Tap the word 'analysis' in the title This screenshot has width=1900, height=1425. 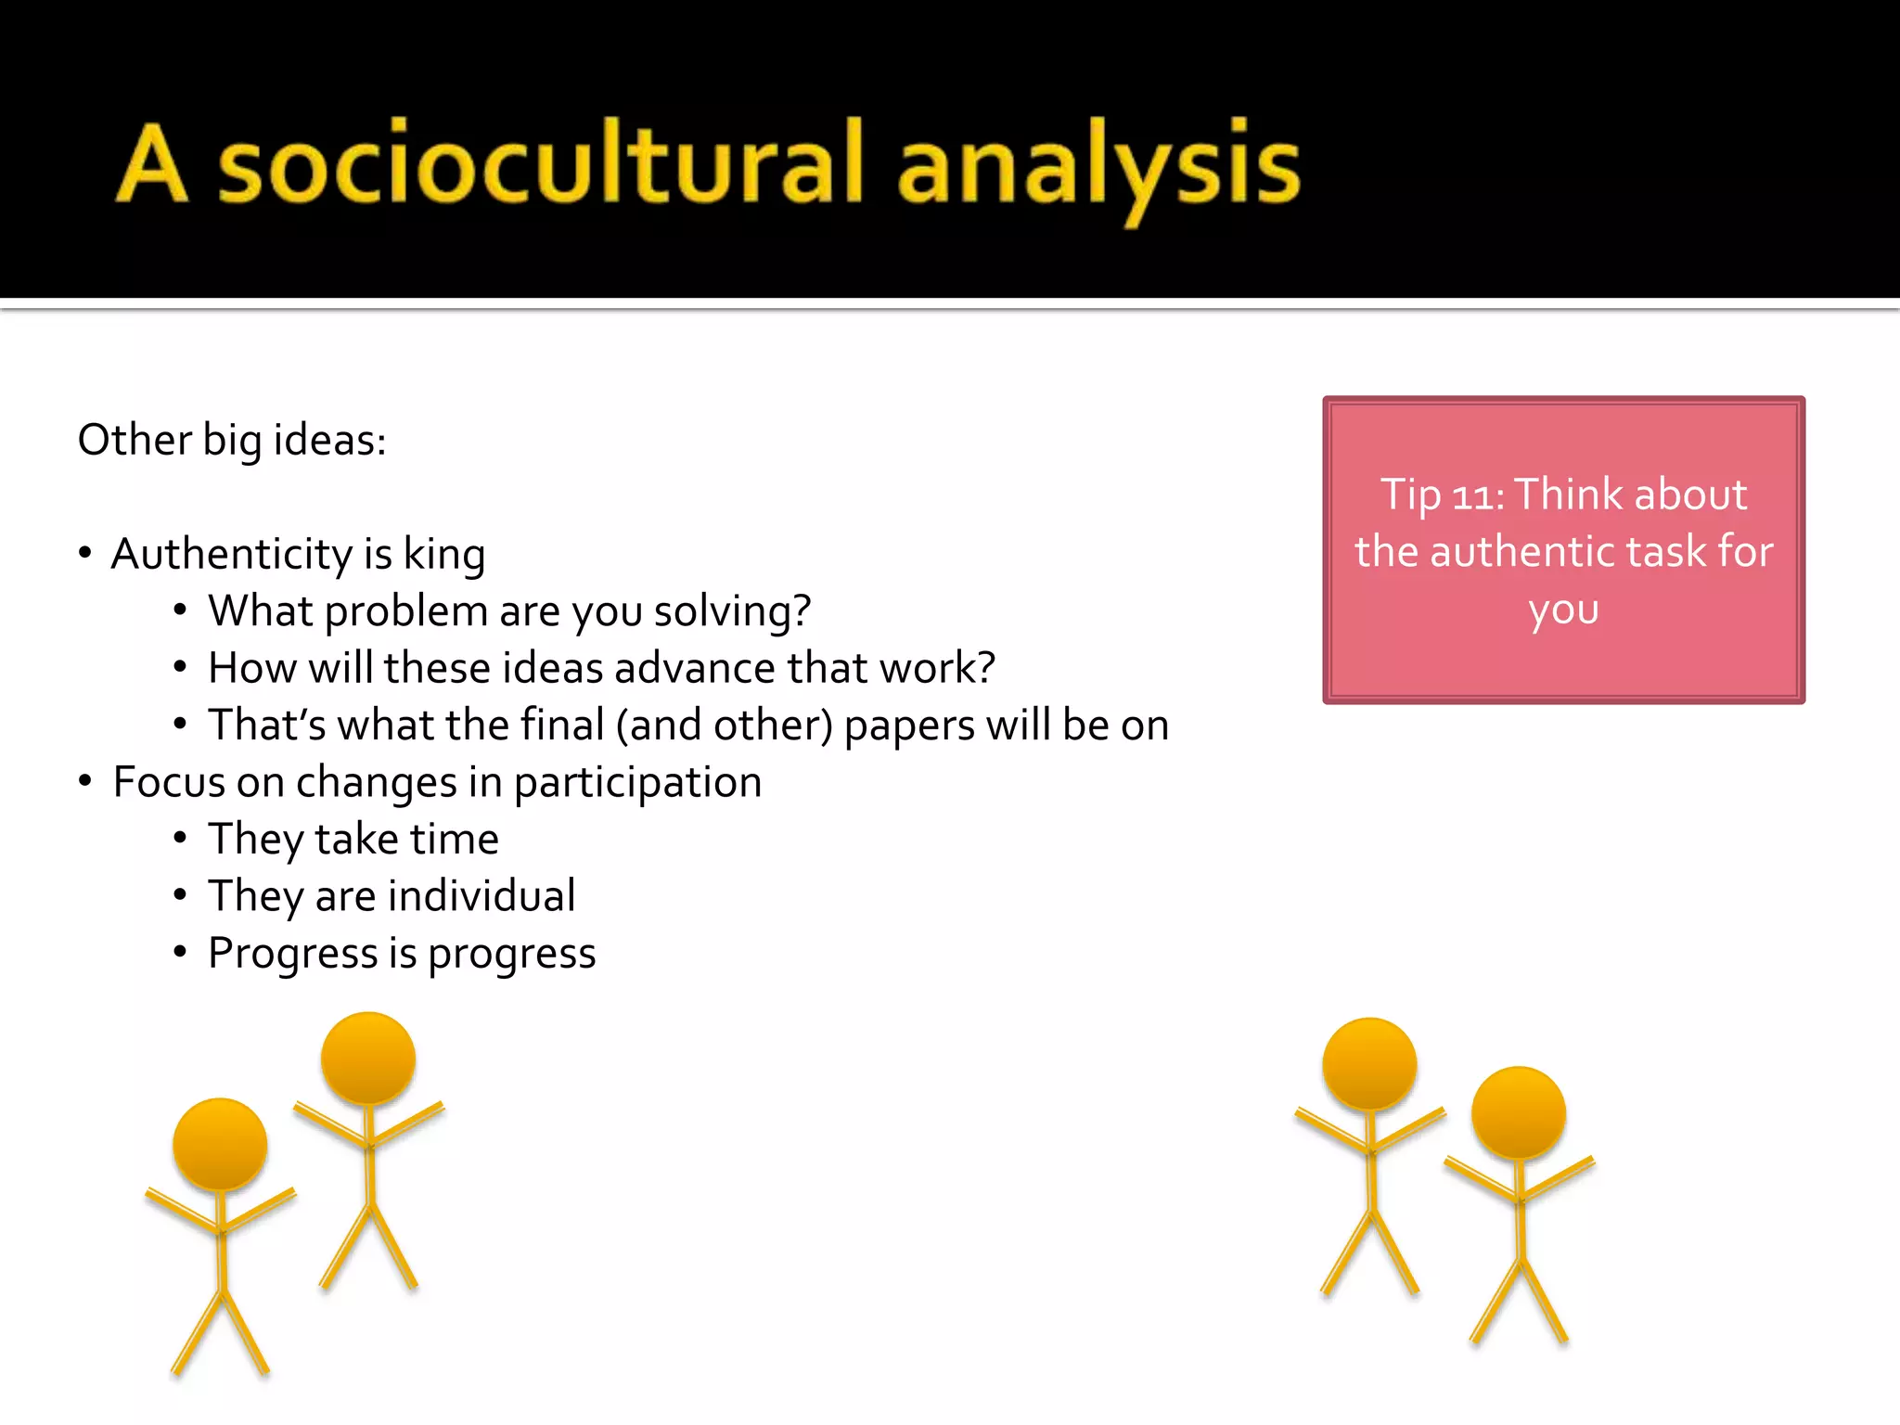tap(1098, 167)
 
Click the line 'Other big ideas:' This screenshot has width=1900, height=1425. tap(232, 440)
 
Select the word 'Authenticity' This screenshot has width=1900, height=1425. tap(232, 555)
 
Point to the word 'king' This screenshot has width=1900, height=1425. tap(444, 555)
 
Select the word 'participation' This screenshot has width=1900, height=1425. tap(637, 782)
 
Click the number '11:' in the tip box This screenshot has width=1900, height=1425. tap(1478, 495)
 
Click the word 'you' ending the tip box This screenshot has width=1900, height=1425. tap(1563, 610)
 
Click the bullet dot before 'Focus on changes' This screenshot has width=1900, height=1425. tap(85, 781)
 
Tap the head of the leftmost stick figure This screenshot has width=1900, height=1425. tap(220, 1145)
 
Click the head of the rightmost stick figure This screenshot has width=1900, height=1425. tap(1519, 1112)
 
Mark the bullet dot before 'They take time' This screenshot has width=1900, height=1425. tap(181, 839)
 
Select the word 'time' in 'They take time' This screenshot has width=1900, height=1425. tap(455, 840)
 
